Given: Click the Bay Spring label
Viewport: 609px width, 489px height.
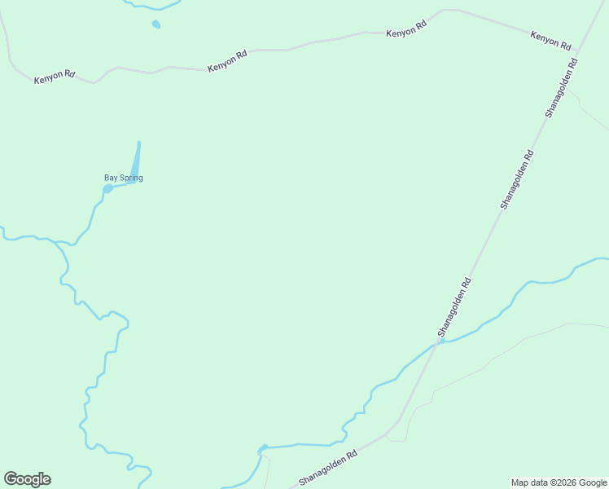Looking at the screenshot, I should pos(123,178).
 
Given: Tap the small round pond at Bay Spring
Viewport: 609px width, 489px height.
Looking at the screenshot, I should pos(107,189).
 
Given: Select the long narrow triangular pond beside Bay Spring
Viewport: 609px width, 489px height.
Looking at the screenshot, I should pos(135,164).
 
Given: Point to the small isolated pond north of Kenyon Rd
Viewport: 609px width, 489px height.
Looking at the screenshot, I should pos(156,24).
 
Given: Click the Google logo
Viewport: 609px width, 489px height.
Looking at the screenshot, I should pos(27,479).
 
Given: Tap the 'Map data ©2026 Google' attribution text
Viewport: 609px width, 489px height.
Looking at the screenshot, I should pos(559,482).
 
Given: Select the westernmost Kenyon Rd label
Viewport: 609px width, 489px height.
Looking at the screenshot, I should pos(55,77).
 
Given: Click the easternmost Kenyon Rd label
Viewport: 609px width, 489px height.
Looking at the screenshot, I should pos(550,41).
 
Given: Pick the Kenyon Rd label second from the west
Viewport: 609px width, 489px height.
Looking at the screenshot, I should pos(227,62).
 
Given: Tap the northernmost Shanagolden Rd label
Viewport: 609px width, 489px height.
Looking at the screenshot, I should pos(560,88).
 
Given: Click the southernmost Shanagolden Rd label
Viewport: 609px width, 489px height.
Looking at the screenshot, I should pos(328,469).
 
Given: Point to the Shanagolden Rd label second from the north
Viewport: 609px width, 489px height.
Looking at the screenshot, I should pos(517,179).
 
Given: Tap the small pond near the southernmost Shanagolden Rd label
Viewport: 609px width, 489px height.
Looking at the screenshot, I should pos(262,448).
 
